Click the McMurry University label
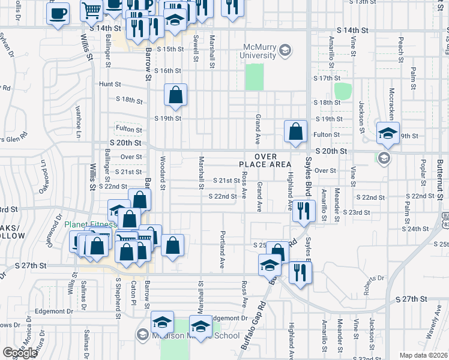point(262,51)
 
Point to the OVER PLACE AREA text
point(265,160)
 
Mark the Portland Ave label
point(222,249)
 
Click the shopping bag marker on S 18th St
point(175,95)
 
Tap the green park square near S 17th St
point(342,91)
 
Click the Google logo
point(20,353)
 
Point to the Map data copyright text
point(422,355)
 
